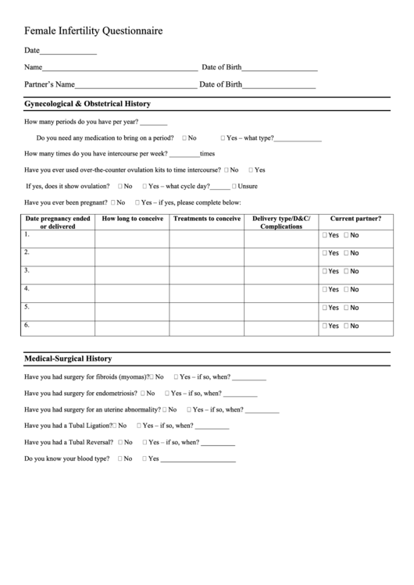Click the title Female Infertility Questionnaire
pyautogui.click(x=94, y=31)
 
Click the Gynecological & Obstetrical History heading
pyautogui.click(x=87, y=103)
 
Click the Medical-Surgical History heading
pyautogui.click(x=68, y=358)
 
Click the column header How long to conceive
pyautogui.click(x=132, y=219)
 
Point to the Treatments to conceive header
pyautogui.click(x=206, y=219)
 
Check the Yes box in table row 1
pyautogui.click(x=325, y=235)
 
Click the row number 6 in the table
pyautogui.click(x=27, y=324)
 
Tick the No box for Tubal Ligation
pyautogui.click(x=115, y=426)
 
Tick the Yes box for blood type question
pyautogui.click(x=145, y=458)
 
